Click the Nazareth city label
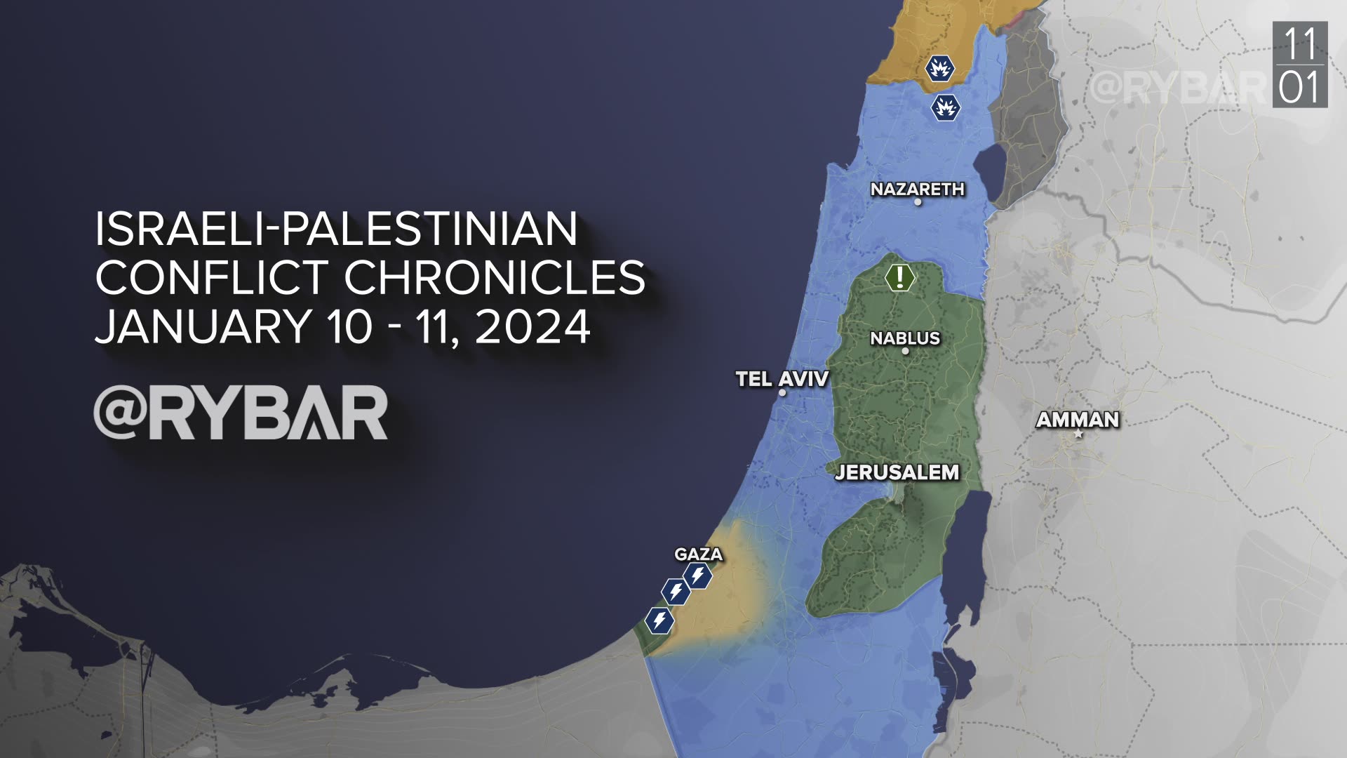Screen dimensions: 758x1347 click(x=917, y=189)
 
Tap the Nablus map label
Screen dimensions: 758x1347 click(x=904, y=338)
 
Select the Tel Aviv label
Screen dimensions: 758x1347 click(x=782, y=379)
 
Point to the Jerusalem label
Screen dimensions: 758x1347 click(x=897, y=472)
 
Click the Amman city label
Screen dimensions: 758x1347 click(x=1077, y=420)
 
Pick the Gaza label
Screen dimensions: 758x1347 click(x=698, y=554)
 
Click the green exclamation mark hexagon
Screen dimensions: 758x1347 click(x=899, y=277)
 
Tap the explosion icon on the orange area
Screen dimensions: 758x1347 click(x=939, y=69)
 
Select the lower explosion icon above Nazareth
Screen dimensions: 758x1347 click(x=945, y=108)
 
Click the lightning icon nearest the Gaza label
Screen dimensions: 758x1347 click(x=698, y=576)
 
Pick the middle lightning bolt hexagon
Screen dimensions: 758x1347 click(x=676, y=592)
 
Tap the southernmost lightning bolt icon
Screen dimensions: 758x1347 click(x=659, y=620)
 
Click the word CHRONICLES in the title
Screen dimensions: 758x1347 click(x=494, y=277)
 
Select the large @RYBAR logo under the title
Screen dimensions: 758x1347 click(x=241, y=413)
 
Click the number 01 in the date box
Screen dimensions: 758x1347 click(x=1300, y=88)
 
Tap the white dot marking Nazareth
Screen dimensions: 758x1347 click(x=918, y=202)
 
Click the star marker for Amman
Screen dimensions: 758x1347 click(x=1079, y=435)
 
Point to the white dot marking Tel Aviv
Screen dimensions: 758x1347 click(x=782, y=393)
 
